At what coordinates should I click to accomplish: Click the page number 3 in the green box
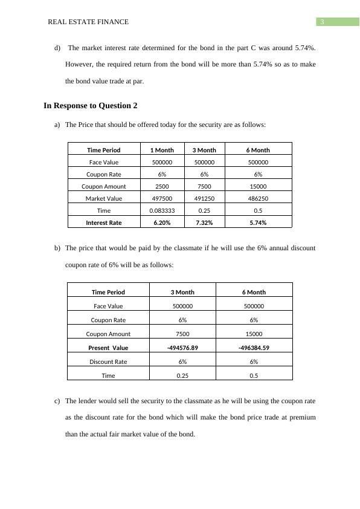[323, 22]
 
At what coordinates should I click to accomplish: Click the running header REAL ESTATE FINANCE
[88, 22]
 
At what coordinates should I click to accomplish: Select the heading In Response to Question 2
[91, 106]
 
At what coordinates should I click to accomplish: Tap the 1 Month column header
[162, 150]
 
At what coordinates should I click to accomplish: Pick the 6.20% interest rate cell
[162, 222]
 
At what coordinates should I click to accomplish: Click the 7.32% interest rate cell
[204, 222]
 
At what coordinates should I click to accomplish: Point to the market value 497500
[162, 198]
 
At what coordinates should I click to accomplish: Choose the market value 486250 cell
[258, 198]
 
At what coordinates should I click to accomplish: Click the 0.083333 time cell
[162, 210]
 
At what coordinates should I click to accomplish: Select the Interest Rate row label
[104, 222]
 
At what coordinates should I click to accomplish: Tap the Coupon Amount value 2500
[162, 186]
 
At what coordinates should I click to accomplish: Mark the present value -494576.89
[182, 348]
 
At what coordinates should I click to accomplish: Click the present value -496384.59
[254, 348]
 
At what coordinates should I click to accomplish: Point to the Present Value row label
[108, 348]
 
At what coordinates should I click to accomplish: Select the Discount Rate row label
[108, 361]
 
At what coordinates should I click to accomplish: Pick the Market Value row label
[104, 198]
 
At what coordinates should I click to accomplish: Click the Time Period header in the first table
[104, 150]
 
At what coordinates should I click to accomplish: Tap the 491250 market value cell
[204, 198]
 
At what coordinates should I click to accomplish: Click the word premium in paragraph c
[301, 417]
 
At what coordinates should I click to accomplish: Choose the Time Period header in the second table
[108, 292]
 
